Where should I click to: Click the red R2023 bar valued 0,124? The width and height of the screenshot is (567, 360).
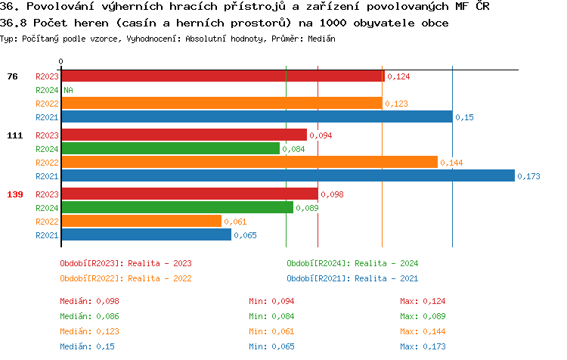[222, 76]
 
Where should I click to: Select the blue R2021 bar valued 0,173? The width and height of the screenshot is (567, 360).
[288, 176]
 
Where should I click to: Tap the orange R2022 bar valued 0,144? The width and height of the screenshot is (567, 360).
[249, 163]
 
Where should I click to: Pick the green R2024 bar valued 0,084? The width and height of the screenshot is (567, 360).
[170, 149]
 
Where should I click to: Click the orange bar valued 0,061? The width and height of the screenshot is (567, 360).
[141, 222]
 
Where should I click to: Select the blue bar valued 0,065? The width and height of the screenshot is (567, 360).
[146, 235]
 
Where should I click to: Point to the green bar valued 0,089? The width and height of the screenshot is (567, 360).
[177, 208]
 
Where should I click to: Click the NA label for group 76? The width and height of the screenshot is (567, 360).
[68, 90]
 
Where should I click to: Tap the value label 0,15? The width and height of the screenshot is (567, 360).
[464, 117]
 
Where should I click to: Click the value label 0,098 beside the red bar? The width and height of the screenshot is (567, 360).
[332, 194]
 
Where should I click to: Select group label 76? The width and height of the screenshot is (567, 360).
[12, 76]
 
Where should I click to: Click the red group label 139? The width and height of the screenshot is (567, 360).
[15, 194]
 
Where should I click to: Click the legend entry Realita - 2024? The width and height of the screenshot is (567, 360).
[352, 263]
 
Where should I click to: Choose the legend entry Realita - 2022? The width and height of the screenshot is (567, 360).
[125, 278]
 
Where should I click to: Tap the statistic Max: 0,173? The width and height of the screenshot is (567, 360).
[423, 346]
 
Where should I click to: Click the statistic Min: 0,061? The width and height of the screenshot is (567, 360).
[271, 331]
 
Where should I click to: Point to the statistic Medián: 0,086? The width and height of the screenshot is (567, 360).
[89, 316]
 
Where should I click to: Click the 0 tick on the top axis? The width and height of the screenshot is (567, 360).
[61, 61]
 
